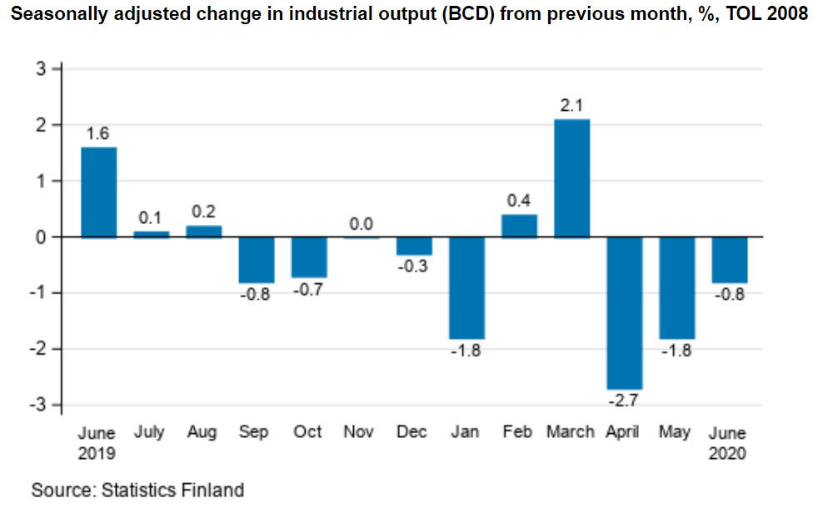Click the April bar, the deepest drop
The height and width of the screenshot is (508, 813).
624,312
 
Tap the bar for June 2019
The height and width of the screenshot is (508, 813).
98,192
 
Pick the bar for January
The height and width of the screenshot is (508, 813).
466,287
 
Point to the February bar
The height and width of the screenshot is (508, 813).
519,226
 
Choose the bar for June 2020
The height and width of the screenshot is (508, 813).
729,260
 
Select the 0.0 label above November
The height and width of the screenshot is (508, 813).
361,224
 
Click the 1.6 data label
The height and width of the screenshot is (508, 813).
98,133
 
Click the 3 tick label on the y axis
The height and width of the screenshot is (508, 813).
43,69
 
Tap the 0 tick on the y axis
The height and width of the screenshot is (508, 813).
43,237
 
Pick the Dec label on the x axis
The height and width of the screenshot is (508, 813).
412,432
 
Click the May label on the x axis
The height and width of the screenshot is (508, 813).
675,432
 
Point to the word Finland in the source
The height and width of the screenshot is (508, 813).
207,489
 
